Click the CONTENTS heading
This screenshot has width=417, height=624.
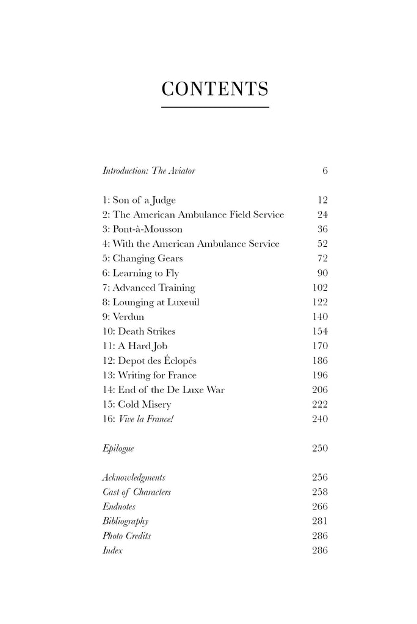point(215,89)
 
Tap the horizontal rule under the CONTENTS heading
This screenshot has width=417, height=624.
point(215,108)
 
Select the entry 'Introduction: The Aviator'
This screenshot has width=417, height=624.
point(148,171)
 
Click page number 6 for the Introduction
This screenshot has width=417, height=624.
point(325,171)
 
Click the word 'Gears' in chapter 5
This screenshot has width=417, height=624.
point(169,258)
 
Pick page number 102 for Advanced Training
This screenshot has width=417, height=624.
point(319,288)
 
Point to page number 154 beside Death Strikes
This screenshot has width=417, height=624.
point(319,331)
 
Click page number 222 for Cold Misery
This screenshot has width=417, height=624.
point(319,405)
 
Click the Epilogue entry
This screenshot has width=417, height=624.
point(118,448)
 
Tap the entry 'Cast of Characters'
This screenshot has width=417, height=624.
point(136,492)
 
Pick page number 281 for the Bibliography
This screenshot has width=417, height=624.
point(319,521)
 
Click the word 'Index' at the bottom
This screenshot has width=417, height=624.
point(112,550)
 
